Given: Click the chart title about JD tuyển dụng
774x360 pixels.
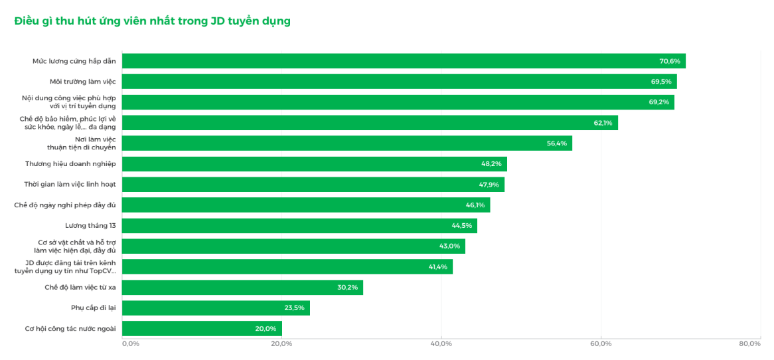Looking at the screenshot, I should pos(152,21).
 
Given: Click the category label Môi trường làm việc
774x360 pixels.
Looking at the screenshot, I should pos(82,82).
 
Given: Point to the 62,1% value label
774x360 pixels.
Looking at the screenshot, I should pos(603,123).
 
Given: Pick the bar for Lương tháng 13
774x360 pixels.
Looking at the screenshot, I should pos(299,226).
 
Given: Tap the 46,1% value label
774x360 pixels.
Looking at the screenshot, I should pos(475,205).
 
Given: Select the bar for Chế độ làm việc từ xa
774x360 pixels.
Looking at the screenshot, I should pos(242,288).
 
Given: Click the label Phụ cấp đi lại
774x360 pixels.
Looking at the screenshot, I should pos(93,308).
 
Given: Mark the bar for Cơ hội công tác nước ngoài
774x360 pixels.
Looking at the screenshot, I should pos(202,329).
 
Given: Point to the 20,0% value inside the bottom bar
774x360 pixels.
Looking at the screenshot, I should pos(266,329).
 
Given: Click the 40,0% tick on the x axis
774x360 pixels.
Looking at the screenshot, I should pos(441,343).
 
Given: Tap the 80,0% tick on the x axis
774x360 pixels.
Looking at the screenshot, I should pos(750,343).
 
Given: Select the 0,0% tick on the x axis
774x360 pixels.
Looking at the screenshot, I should pos(130,343).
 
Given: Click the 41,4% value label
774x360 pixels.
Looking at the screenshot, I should pos(437,267).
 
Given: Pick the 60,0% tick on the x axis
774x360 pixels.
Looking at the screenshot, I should pos(601,343).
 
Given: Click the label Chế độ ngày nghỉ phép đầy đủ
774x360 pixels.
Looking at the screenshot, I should pos(64,205).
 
